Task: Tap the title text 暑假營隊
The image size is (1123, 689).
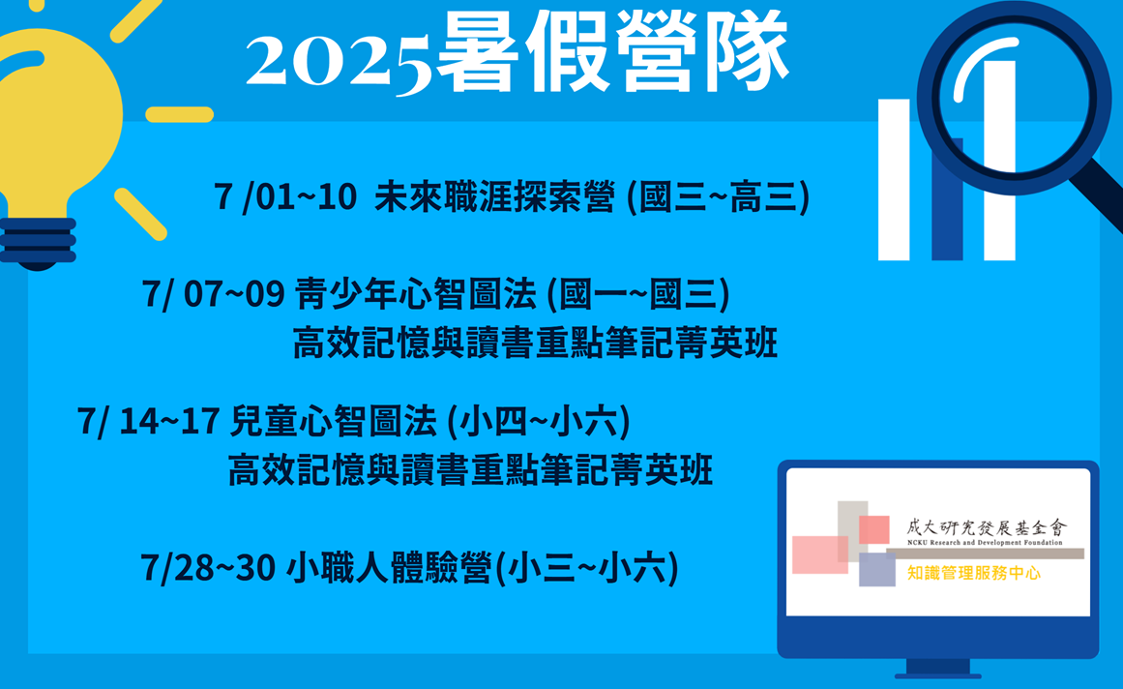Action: tap(613, 51)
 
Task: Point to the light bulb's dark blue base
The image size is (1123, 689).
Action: tap(38, 244)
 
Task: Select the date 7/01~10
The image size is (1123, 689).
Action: tap(285, 196)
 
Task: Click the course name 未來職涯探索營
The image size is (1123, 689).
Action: tap(494, 196)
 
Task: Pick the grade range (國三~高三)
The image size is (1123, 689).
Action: tap(719, 197)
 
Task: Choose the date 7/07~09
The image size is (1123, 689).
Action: tap(214, 293)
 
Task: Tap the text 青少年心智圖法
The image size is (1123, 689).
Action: tap(416, 293)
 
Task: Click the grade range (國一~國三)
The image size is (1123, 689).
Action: tap(638, 294)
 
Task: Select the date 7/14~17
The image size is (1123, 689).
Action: tap(148, 421)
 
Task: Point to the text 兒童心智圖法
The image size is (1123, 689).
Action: tap(333, 421)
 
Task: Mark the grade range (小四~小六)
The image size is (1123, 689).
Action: tap(539, 421)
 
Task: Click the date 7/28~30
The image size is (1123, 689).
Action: tap(208, 568)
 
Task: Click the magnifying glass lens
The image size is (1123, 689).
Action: tap(1014, 97)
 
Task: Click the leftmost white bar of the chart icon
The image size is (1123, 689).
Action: tap(894, 180)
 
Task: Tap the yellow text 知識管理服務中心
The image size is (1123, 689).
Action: tap(973, 573)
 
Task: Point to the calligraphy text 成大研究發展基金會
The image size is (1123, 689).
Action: tap(987, 528)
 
